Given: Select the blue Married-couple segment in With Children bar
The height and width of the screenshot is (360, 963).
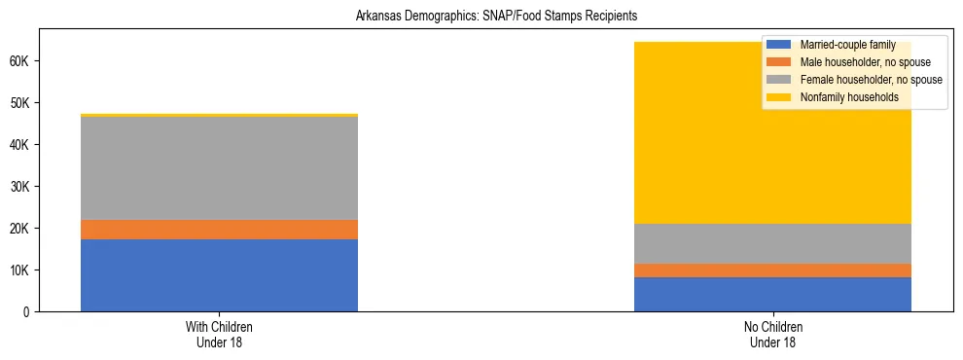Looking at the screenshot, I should pos(219,274).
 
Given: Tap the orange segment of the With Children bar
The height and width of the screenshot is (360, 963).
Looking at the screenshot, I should pos(219,230).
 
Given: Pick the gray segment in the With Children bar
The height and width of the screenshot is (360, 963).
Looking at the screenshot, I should pos(219,168).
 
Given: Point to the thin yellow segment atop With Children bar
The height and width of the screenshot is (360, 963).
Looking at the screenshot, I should pos(219,115).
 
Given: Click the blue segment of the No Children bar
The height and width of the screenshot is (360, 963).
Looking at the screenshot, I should pos(772,294).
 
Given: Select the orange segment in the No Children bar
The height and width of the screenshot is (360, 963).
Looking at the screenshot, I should pos(772,270).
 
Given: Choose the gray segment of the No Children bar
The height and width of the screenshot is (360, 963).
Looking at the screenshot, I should pos(772,243).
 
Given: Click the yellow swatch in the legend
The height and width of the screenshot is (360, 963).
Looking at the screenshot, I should pos(780,97).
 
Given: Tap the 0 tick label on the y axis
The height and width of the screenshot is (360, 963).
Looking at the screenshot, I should pos(30,311).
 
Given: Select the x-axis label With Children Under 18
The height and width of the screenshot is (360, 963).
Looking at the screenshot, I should pos(219,334).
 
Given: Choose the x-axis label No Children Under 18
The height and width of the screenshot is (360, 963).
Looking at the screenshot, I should pos(772,334).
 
